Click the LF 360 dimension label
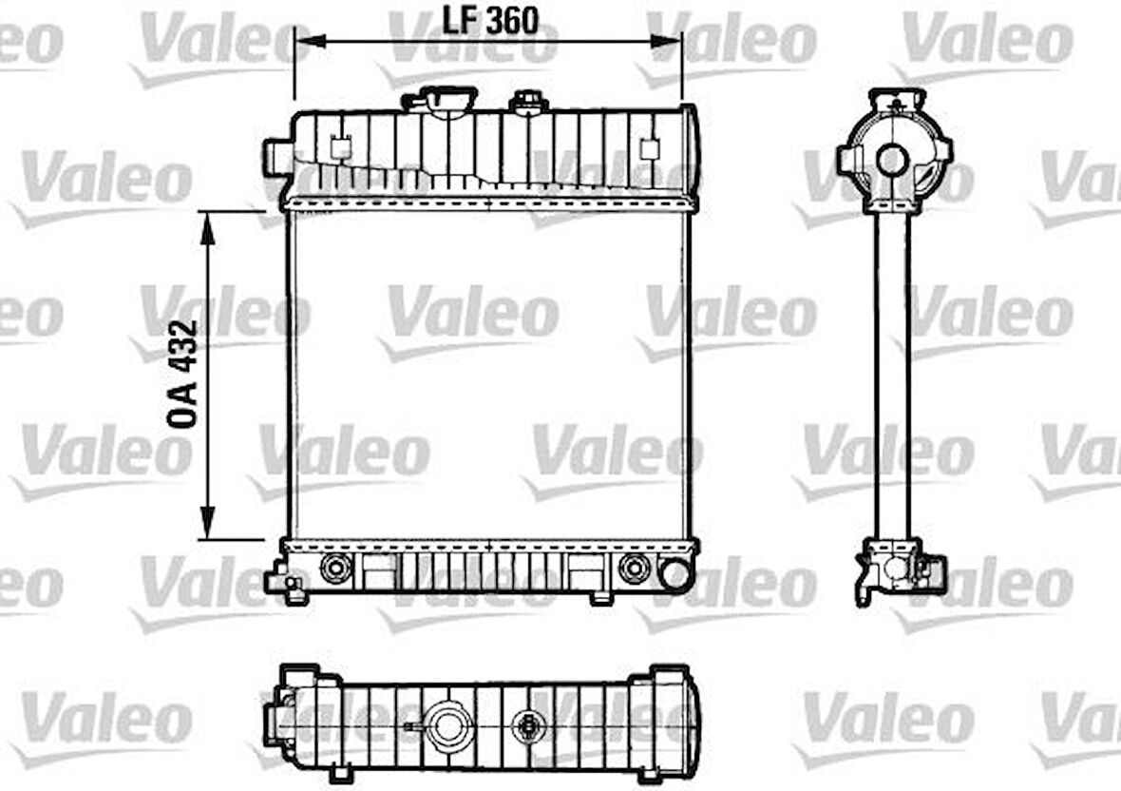pyautogui.click(x=490, y=19)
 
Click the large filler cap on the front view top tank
pyautogui.click(x=440, y=100)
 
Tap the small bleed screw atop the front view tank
pyautogui.click(x=526, y=101)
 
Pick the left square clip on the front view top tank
pyautogui.click(x=338, y=148)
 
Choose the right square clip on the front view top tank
pyautogui.click(x=650, y=148)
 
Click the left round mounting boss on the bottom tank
pyautogui.click(x=334, y=569)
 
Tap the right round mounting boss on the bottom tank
pyautogui.click(x=632, y=569)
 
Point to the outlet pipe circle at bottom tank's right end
pyautogui.click(x=674, y=573)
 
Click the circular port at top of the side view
pyautogui.click(x=893, y=160)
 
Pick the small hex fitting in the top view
pyautogui.click(x=525, y=725)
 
